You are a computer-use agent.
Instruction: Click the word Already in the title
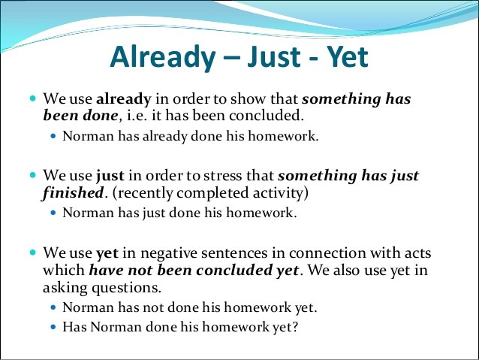tap(162, 58)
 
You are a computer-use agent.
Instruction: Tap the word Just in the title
tap(273, 56)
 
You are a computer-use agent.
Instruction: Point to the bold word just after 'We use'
tap(110, 177)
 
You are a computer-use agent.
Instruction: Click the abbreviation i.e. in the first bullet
tap(134, 116)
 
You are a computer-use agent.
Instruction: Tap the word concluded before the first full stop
tap(267, 116)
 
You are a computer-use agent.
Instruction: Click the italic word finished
tap(73, 193)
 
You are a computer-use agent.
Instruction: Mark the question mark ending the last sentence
tap(294, 327)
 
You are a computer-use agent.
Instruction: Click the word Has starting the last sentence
tap(74, 327)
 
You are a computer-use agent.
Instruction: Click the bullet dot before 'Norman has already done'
tap(54, 136)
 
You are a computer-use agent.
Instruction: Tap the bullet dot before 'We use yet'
tap(33, 253)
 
